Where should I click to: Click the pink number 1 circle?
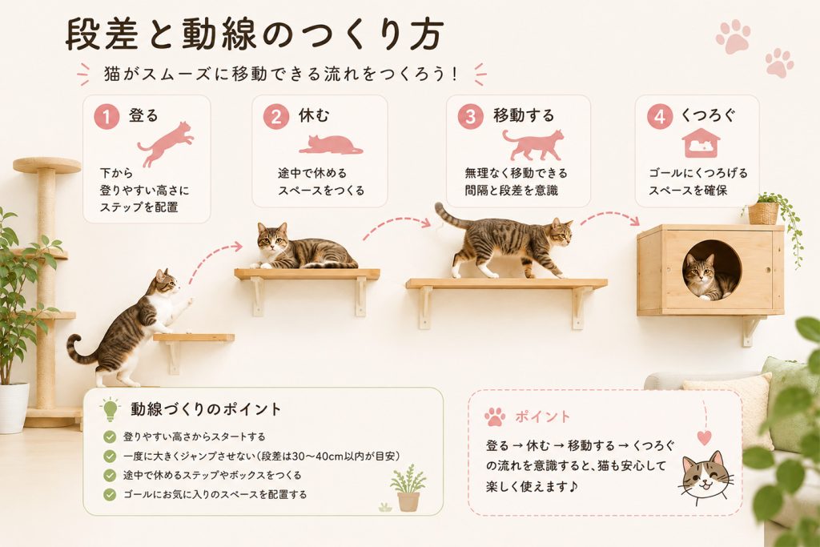point(107,116)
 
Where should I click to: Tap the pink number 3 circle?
point(471,116)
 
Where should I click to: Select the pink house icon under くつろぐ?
point(701,143)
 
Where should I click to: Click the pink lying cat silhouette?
point(331,145)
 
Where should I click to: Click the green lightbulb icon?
point(110,409)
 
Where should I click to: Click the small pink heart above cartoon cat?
point(705,438)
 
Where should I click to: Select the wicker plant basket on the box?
point(763,213)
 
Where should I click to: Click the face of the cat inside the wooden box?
point(700,271)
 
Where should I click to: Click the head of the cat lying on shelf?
point(273,239)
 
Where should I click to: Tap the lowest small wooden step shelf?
point(194,337)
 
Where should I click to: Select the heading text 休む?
point(314,115)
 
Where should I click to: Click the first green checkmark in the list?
point(110,436)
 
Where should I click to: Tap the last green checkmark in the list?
point(110,494)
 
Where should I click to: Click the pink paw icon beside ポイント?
point(495,416)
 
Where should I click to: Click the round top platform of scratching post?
point(47,165)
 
